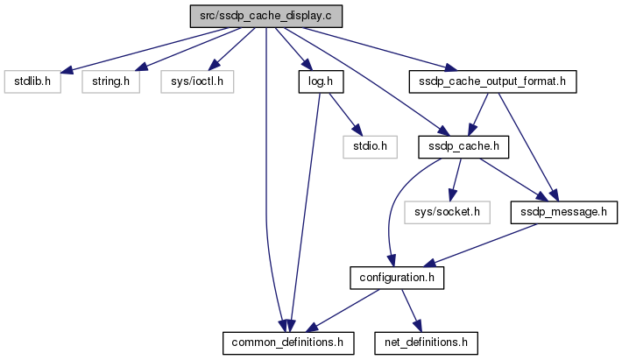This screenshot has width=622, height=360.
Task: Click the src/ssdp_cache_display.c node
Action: [265, 17]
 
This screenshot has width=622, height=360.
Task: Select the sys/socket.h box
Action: [447, 211]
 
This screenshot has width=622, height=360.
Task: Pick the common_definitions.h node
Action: [288, 341]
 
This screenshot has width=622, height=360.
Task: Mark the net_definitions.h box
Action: [426, 341]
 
